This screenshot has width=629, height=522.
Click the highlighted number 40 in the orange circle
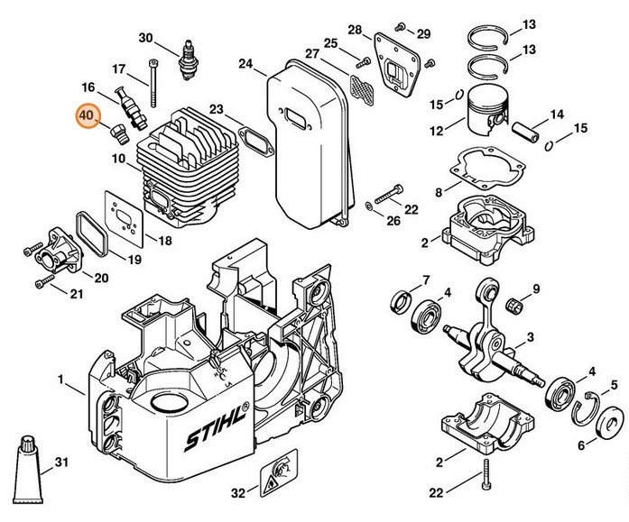(88, 117)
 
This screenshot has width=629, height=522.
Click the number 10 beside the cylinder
(118, 159)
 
